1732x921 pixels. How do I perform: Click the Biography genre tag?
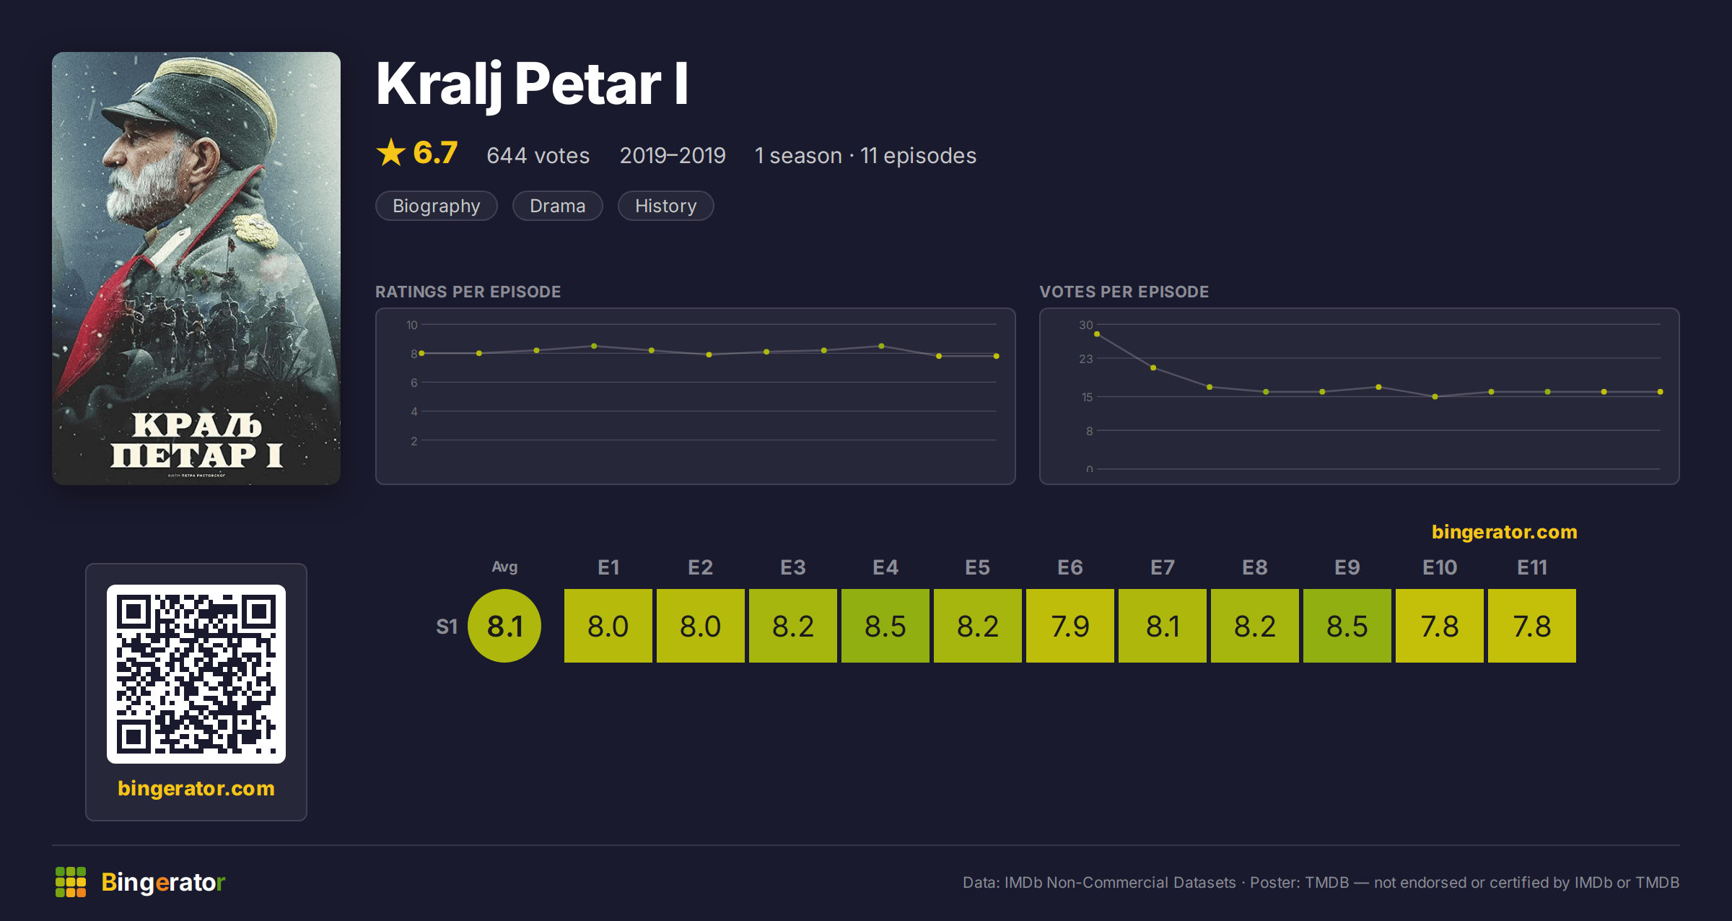coord(436,206)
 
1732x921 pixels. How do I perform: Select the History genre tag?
coord(665,206)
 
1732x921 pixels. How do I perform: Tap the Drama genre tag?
coord(557,206)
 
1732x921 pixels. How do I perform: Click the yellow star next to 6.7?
coord(391,152)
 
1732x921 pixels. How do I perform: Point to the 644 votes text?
coord(538,155)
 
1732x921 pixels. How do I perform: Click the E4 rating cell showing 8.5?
coord(885,626)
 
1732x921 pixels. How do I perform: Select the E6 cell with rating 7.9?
coord(1070,626)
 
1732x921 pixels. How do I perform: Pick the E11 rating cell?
coord(1532,626)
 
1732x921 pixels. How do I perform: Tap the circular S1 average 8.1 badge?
coord(504,626)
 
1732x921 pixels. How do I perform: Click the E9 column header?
coord(1347,567)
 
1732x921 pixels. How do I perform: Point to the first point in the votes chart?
coord(1097,334)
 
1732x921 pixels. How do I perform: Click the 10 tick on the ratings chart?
coord(411,325)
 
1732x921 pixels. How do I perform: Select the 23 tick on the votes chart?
coord(1085,359)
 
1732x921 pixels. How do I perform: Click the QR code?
coord(196,674)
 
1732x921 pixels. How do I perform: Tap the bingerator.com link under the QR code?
coord(196,788)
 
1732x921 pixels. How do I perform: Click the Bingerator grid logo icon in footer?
coord(71,882)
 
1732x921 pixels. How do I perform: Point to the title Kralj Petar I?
coord(532,85)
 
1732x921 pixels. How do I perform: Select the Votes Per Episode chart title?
coord(1124,292)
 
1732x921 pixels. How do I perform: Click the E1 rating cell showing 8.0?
coord(608,626)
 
